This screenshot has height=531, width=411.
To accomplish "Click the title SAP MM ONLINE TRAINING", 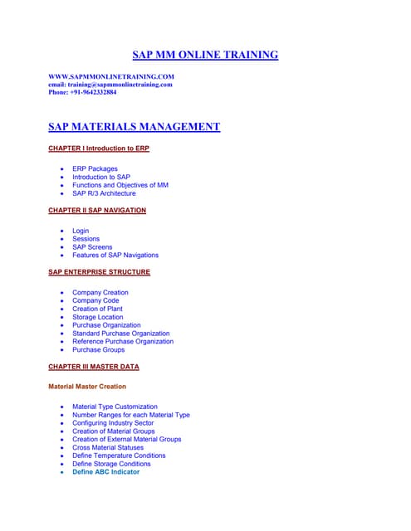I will tap(205, 56).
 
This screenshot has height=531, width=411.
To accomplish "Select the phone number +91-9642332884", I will tap(83, 92).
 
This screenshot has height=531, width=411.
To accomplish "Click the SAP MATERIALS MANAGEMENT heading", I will tap(135, 127).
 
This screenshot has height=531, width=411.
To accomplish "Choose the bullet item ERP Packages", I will tap(95, 168).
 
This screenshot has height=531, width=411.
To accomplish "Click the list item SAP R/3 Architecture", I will tap(104, 193).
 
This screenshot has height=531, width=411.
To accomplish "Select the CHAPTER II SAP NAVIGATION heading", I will tap(97, 210).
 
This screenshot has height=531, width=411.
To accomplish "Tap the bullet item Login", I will tap(81, 231).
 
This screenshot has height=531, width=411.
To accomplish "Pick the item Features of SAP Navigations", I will tap(115, 255).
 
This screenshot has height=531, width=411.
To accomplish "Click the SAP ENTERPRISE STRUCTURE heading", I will tap(100, 271).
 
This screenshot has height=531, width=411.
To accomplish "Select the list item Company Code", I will tap(97, 300).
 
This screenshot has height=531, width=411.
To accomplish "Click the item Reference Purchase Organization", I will tap(123, 341).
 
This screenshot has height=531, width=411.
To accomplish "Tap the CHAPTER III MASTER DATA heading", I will tap(94, 366).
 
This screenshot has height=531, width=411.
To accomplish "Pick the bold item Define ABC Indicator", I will tap(105, 471).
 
